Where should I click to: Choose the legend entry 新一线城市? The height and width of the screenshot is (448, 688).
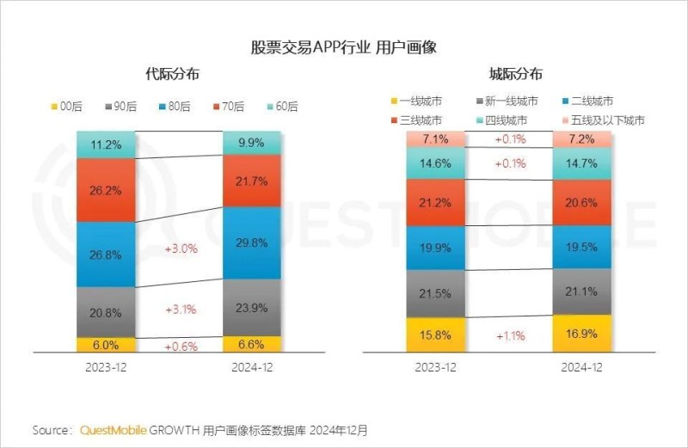click(507, 101)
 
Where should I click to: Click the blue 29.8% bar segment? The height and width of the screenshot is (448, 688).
click(251, 243)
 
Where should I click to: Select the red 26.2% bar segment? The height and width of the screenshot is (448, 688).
click(106, 189)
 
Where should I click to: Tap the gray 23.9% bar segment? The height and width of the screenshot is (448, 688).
click(251, 307)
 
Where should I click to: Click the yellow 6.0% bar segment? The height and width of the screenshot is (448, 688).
click(106, 344)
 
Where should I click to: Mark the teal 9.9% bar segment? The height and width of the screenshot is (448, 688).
click(251, 143)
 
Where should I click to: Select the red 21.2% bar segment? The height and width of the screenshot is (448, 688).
click(435, 203)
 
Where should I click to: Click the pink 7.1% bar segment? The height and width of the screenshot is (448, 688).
click(435, 139)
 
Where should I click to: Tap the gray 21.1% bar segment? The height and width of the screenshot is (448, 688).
click(580, 292)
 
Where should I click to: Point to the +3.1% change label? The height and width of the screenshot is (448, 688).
click(181, 309)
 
